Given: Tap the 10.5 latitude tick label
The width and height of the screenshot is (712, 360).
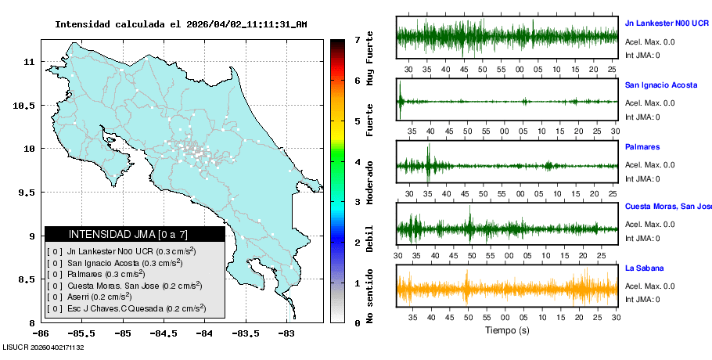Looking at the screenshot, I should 29,105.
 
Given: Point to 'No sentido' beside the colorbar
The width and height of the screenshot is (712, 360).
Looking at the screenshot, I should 369,296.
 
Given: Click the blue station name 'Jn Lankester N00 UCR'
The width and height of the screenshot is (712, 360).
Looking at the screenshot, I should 667,23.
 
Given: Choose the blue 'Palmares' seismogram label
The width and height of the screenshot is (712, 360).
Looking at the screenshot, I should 642,146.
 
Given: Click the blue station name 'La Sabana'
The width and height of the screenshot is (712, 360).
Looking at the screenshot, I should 643,268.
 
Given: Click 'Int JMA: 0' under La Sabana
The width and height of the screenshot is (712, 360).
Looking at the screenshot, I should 642,299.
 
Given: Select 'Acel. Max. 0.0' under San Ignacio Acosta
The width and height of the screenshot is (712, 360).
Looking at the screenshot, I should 649,103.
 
